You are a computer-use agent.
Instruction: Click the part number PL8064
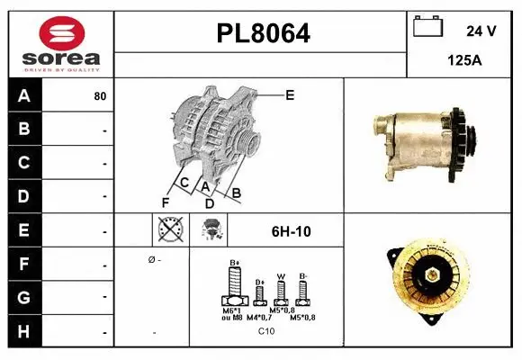(x=263, y=33)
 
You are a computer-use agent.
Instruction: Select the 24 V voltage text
(x=481, y=31)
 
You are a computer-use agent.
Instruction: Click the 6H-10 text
(x=291, y=231)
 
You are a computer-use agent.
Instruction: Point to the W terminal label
(x=280, y=276)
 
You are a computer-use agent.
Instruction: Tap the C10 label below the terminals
(x=266, y=332)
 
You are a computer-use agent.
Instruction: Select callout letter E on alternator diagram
(x=290, y=94)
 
